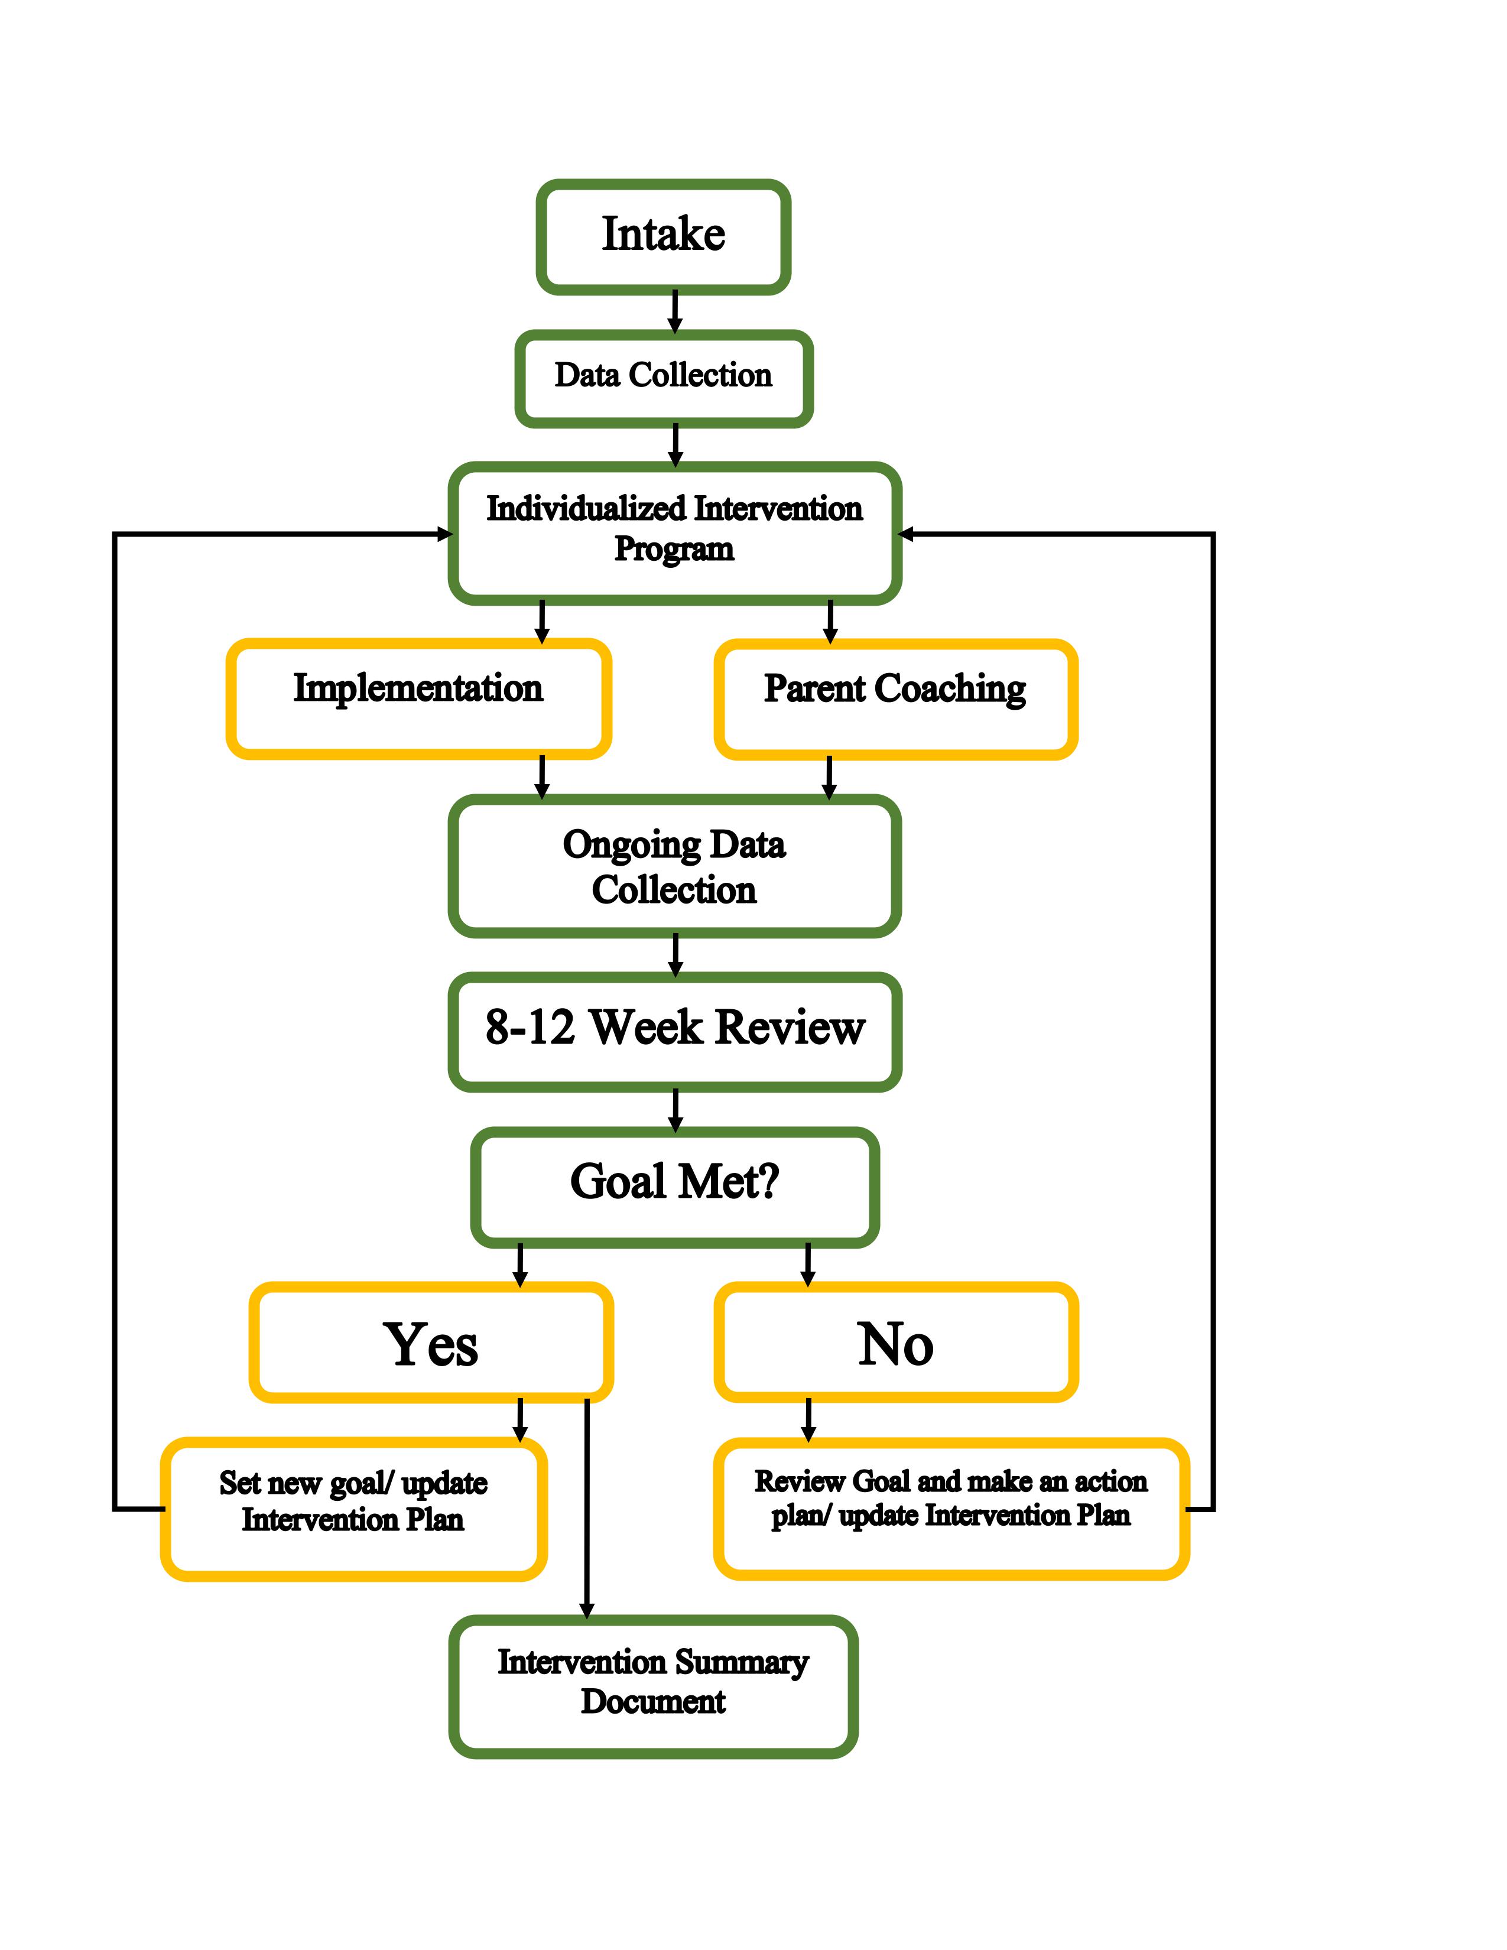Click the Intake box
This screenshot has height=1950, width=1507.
(663, 236)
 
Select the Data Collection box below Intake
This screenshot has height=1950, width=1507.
(663, 378)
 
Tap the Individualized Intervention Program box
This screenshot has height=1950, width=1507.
(674, 533)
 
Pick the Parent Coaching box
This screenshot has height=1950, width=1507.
(895, 699)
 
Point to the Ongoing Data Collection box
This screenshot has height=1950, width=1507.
(674, 866)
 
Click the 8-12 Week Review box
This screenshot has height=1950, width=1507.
(674, 1031)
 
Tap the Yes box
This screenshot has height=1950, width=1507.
(431, 1342)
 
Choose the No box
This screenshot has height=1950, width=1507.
(895, 1342)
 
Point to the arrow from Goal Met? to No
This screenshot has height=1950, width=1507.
(808, 1263)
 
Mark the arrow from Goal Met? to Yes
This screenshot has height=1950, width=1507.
(519, 1263)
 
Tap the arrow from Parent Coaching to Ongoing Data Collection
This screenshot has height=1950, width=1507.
(829, 777)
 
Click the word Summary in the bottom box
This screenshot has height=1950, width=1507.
(741, 1662)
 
